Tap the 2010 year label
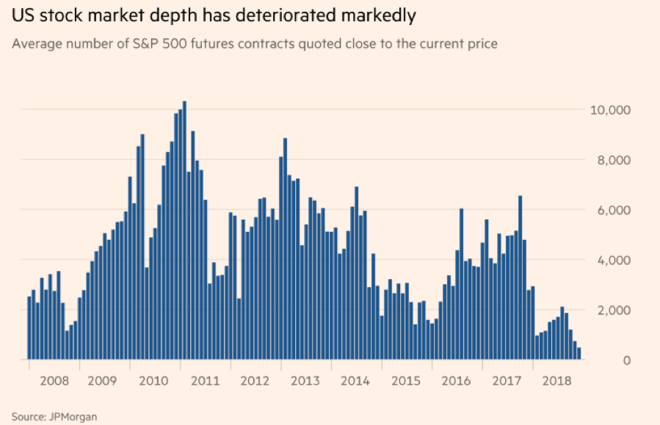pyautogui.click(x=154, y=381)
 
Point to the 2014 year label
pyautogui.click(x=355, y=381)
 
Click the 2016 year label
pyautogui.click(x=456, y=381)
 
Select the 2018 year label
pyautogui.click(x=556, y=381)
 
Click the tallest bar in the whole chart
pyautogui.click(x=184, y=230)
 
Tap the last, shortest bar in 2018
pyautogui.click(x=579, y=354)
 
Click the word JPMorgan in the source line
pyautogui.click(x=73, y=416)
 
